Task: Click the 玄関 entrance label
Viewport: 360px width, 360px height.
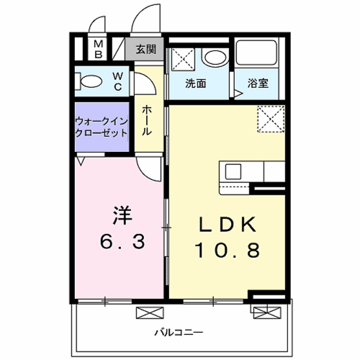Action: [x=146, y=50]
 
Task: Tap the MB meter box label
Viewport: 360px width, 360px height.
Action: [x=98, y=50]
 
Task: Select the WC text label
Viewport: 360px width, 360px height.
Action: [x=118, y=81]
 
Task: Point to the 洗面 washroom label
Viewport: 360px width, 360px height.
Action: [x=196, y=84]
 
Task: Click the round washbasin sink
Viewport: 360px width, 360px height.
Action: [x=215, y=58]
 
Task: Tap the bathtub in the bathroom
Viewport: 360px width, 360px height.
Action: [x=256, y=53]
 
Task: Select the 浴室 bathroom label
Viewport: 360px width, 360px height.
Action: [x=258, y=84]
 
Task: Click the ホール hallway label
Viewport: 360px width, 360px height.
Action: [x=147, y=121]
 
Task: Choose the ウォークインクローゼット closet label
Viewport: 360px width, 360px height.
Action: [x=102, y=127]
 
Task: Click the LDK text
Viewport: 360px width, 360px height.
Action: [x=228, y=225]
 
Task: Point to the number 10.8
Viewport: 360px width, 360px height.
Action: [x=228, y=250]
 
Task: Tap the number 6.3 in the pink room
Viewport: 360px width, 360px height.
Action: [x=122, y=241]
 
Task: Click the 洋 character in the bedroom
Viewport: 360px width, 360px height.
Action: [x=122, y=215]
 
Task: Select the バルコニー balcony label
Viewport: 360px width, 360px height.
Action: [x=179, y=333]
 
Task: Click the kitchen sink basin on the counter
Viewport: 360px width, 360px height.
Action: [x=233, y=171]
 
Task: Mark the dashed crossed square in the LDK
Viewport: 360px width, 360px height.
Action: [x=271, y=119]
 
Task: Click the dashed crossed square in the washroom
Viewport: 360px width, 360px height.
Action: [x=183, y=59]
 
